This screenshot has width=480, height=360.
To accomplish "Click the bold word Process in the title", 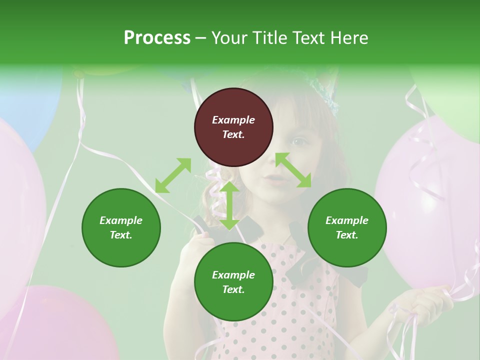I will point(157,38).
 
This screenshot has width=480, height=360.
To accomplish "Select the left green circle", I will point(121,227).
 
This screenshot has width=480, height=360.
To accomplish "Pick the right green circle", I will point(347,227).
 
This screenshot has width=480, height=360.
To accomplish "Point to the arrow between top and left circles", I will point(173,175).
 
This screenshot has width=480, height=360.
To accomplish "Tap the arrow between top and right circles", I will point(293,170).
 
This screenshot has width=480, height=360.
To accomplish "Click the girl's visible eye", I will point(299,142).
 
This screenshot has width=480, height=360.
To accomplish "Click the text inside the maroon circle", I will point(233,127).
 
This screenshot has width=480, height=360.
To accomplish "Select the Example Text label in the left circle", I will point(121,227).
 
